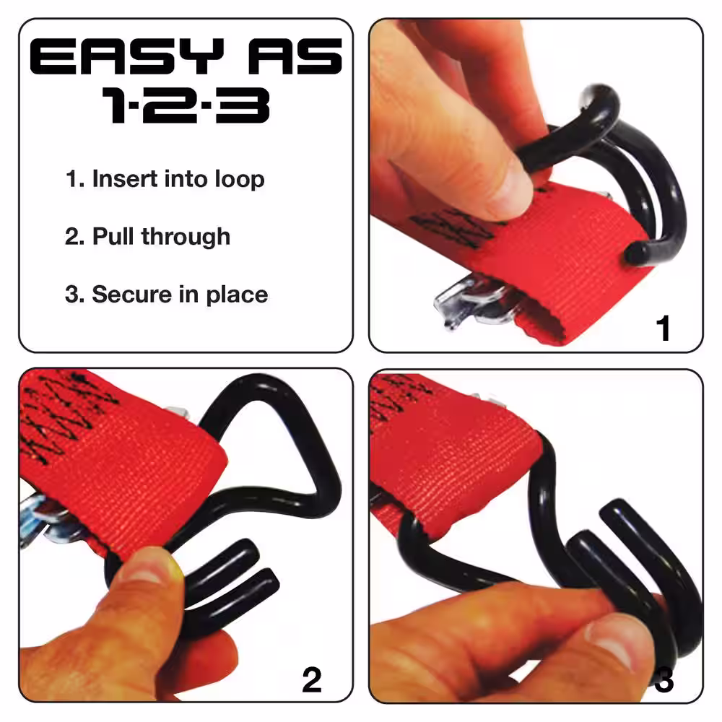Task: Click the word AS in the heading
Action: (x=295, y=56)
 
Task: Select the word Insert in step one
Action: (x=125, y=178)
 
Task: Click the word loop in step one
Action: (x=240, y=180)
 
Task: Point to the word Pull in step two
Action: (x=115, y=236)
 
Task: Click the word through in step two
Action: (x=186, y=237)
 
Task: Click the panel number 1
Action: (x=663, y=329)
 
